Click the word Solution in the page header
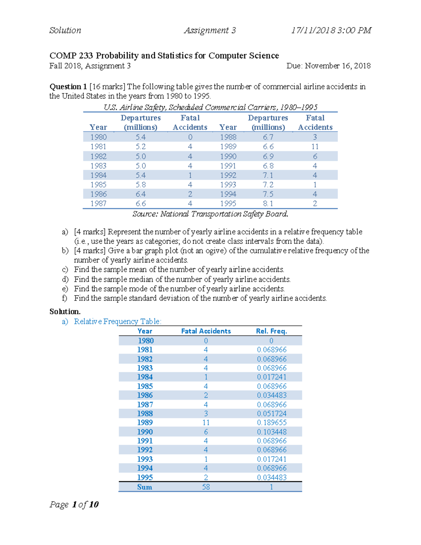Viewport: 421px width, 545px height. point(65,31)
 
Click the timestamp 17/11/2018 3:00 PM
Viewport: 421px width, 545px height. point(331,31)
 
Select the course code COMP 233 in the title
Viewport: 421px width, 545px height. point(71,56)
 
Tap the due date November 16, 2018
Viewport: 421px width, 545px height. point(338,66)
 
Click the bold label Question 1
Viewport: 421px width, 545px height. point(68,87)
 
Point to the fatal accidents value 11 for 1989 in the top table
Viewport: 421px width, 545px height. point(315,147)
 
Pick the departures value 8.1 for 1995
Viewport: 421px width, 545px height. point(268,204)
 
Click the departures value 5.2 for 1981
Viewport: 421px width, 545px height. point(140,147)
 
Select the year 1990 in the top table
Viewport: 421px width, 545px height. point(228,156)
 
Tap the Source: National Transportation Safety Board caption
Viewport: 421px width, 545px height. point(210,214)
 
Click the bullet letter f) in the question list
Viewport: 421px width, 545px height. point(65,298)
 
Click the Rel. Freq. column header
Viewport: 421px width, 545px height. point(272,331)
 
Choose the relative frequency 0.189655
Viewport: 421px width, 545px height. point(272,423)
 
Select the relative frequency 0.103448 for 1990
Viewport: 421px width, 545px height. point(272,432)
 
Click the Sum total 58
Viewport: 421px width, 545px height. point(206,487)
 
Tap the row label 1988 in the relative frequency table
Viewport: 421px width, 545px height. point(145,413)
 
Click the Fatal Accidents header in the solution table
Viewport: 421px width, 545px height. point(206,331)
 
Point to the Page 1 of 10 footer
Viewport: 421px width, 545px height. point(74,505)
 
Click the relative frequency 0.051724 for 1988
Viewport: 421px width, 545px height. point(272,413)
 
